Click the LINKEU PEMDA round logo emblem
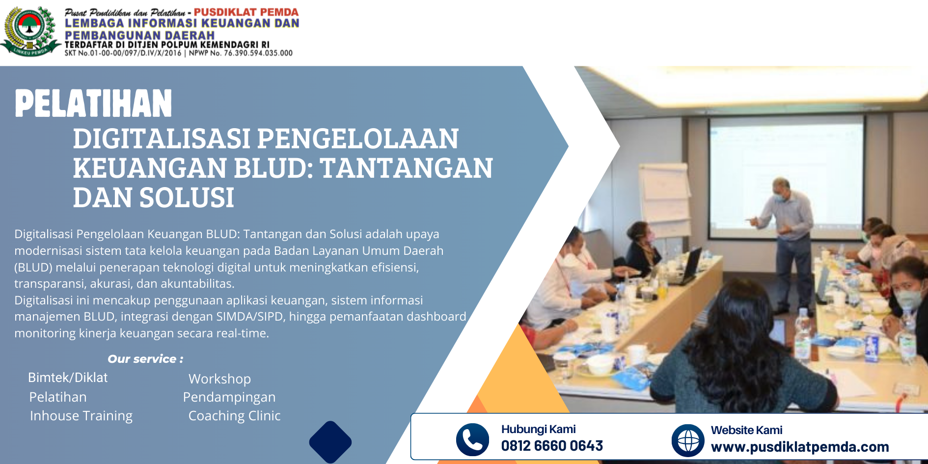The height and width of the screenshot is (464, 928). [x=30, y=30]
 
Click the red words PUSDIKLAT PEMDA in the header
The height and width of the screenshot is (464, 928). [x=246, y=12]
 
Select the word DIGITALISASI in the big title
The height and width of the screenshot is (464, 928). [x=162, y=138]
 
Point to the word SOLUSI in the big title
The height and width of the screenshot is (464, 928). [x=187, y=197]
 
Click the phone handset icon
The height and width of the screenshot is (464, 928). [x=472, y=439]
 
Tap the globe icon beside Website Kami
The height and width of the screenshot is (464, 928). [x=688, y=440]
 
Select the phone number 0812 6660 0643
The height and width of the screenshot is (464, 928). [x=552, y=446]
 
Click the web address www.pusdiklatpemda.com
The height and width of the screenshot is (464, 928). [x=800, y=447]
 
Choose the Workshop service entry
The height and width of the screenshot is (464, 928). [x=219, y=379]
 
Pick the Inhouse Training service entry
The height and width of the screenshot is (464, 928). [x=81, y=416]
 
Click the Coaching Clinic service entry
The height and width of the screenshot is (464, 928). [x=234, y=416]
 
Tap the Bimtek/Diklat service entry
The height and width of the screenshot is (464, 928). [x=68, y=378]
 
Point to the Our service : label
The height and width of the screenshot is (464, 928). [x=145, y=359]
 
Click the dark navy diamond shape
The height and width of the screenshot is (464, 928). [x=330, y=442]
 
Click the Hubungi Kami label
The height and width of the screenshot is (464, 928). [x=538, y=429]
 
